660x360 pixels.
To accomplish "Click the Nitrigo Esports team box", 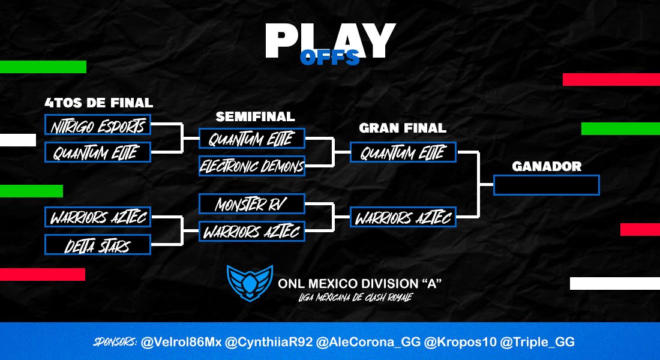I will pos(97,125).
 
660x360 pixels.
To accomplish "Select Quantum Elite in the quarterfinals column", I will pos(97,152).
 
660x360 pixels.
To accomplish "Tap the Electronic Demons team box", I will pos(251,166).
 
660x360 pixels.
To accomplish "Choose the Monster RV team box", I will pos(251,204).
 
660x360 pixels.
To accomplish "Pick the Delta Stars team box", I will pos(97,244).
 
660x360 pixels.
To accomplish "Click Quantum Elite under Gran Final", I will pos(403,152).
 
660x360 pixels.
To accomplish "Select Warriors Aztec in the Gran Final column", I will pos(403,217).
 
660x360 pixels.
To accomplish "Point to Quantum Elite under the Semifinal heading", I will pos(251,139).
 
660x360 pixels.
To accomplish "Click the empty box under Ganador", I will pos(546,185).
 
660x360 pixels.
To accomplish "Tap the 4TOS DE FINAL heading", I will pos(98,103).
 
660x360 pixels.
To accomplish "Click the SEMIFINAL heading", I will pos(255,116).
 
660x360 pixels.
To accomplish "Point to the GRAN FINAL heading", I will pos(403,128).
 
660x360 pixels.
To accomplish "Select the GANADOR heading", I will pos(547,166).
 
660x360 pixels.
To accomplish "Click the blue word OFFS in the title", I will pos(329,58).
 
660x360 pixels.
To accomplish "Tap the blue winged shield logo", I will pos(250,283).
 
